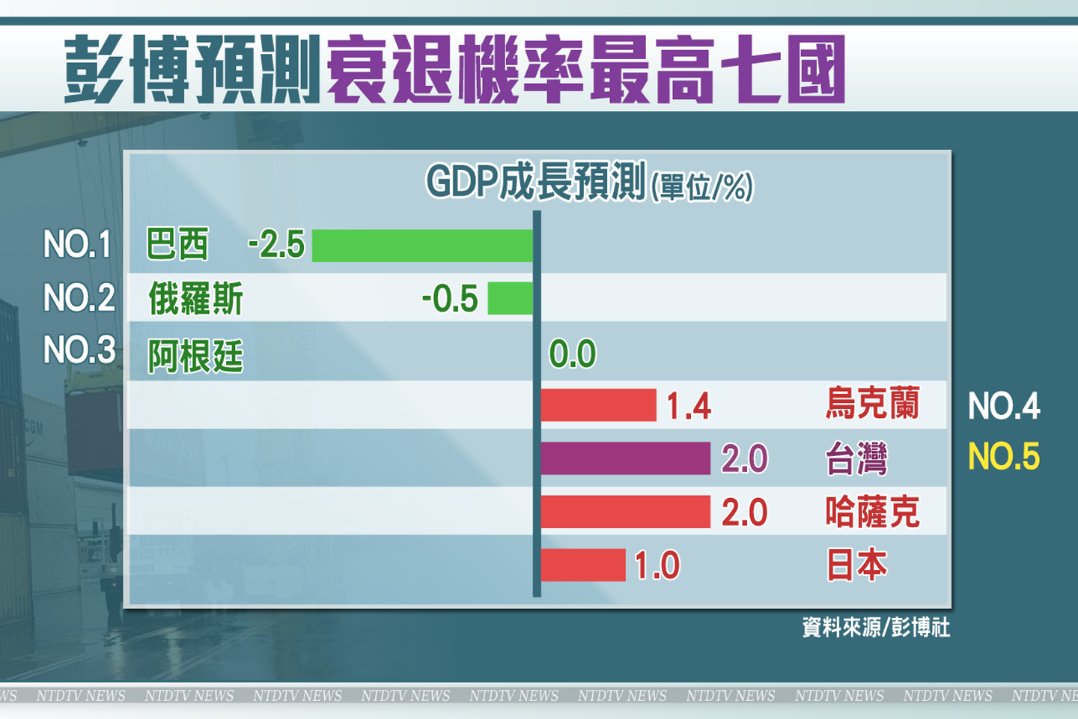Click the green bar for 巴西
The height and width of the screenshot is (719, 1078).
pyautogui.click(x=422, y=246)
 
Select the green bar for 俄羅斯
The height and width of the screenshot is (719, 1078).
pyautogui.click(x=510, y=298)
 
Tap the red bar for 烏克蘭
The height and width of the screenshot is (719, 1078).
pyautogui.click(x=598, y=405)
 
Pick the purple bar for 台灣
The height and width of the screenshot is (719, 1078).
pyautogui.click(x=625, y=458)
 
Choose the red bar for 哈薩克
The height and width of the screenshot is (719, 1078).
pyautogui.click(x=625, y=512)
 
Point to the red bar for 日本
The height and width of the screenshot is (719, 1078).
pyautogui.click(x=582, y=565)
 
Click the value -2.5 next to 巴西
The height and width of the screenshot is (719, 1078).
pyautogui.click(x=276, y=245)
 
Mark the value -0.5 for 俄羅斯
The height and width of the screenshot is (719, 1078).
pyautogui.click(x=450, y=299)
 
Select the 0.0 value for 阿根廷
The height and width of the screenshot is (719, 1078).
pyautogui.click(x=573, y=354)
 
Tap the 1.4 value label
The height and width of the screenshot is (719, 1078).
pyautogui.click(x=689, y=406)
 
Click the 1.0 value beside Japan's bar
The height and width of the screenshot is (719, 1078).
pyautogui.click(x=657, y=565)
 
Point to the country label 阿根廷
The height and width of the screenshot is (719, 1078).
pyautogui.click(x=195, y=356)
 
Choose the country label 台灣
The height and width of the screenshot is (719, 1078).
pyautogui.click(x=856, y=458)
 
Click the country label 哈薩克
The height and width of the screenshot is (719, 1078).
pyautogui.click(x=872, y=512)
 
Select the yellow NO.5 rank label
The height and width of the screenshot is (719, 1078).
pyautogui.click(x=1004, y=457)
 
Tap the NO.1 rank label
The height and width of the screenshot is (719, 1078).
pyautogui.click(x=77, y=245)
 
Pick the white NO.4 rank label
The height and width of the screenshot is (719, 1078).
pyautogui.click(x=1004, y=406)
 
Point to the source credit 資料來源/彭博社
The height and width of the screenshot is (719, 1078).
pyautogui.click(x=876, y=627)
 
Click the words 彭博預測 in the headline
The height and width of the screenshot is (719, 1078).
pyautogui.click(x=192, y=69)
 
